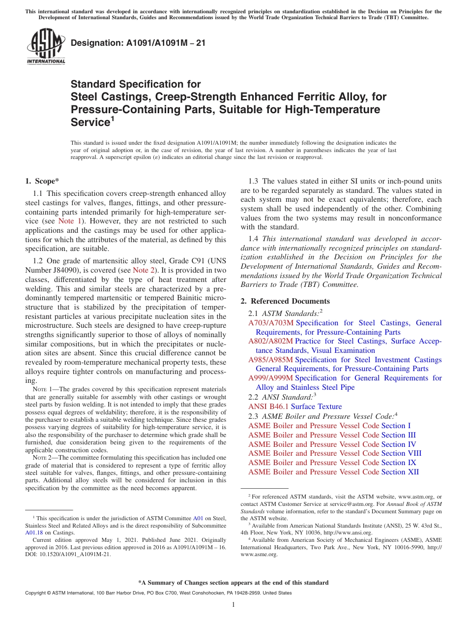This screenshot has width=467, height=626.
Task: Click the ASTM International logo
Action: (46, 47)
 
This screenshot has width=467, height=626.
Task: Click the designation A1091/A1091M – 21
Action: (138, 43)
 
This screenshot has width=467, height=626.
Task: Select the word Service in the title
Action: (88, 122)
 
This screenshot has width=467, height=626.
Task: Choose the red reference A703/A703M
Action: (271, 323)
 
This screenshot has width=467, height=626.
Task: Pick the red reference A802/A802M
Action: (271, 341)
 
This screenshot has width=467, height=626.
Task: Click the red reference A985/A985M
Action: (271, 360)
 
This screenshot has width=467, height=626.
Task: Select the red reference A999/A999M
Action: (271, 378)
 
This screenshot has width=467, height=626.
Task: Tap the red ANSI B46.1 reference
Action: (268, 407)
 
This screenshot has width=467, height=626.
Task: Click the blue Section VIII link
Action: (401, 453)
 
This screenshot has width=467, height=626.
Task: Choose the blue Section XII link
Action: (400, 472)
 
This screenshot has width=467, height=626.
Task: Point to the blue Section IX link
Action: (399, 463)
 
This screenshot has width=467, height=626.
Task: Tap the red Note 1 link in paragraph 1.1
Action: (69, 221)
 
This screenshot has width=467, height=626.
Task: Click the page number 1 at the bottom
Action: (233, 605)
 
